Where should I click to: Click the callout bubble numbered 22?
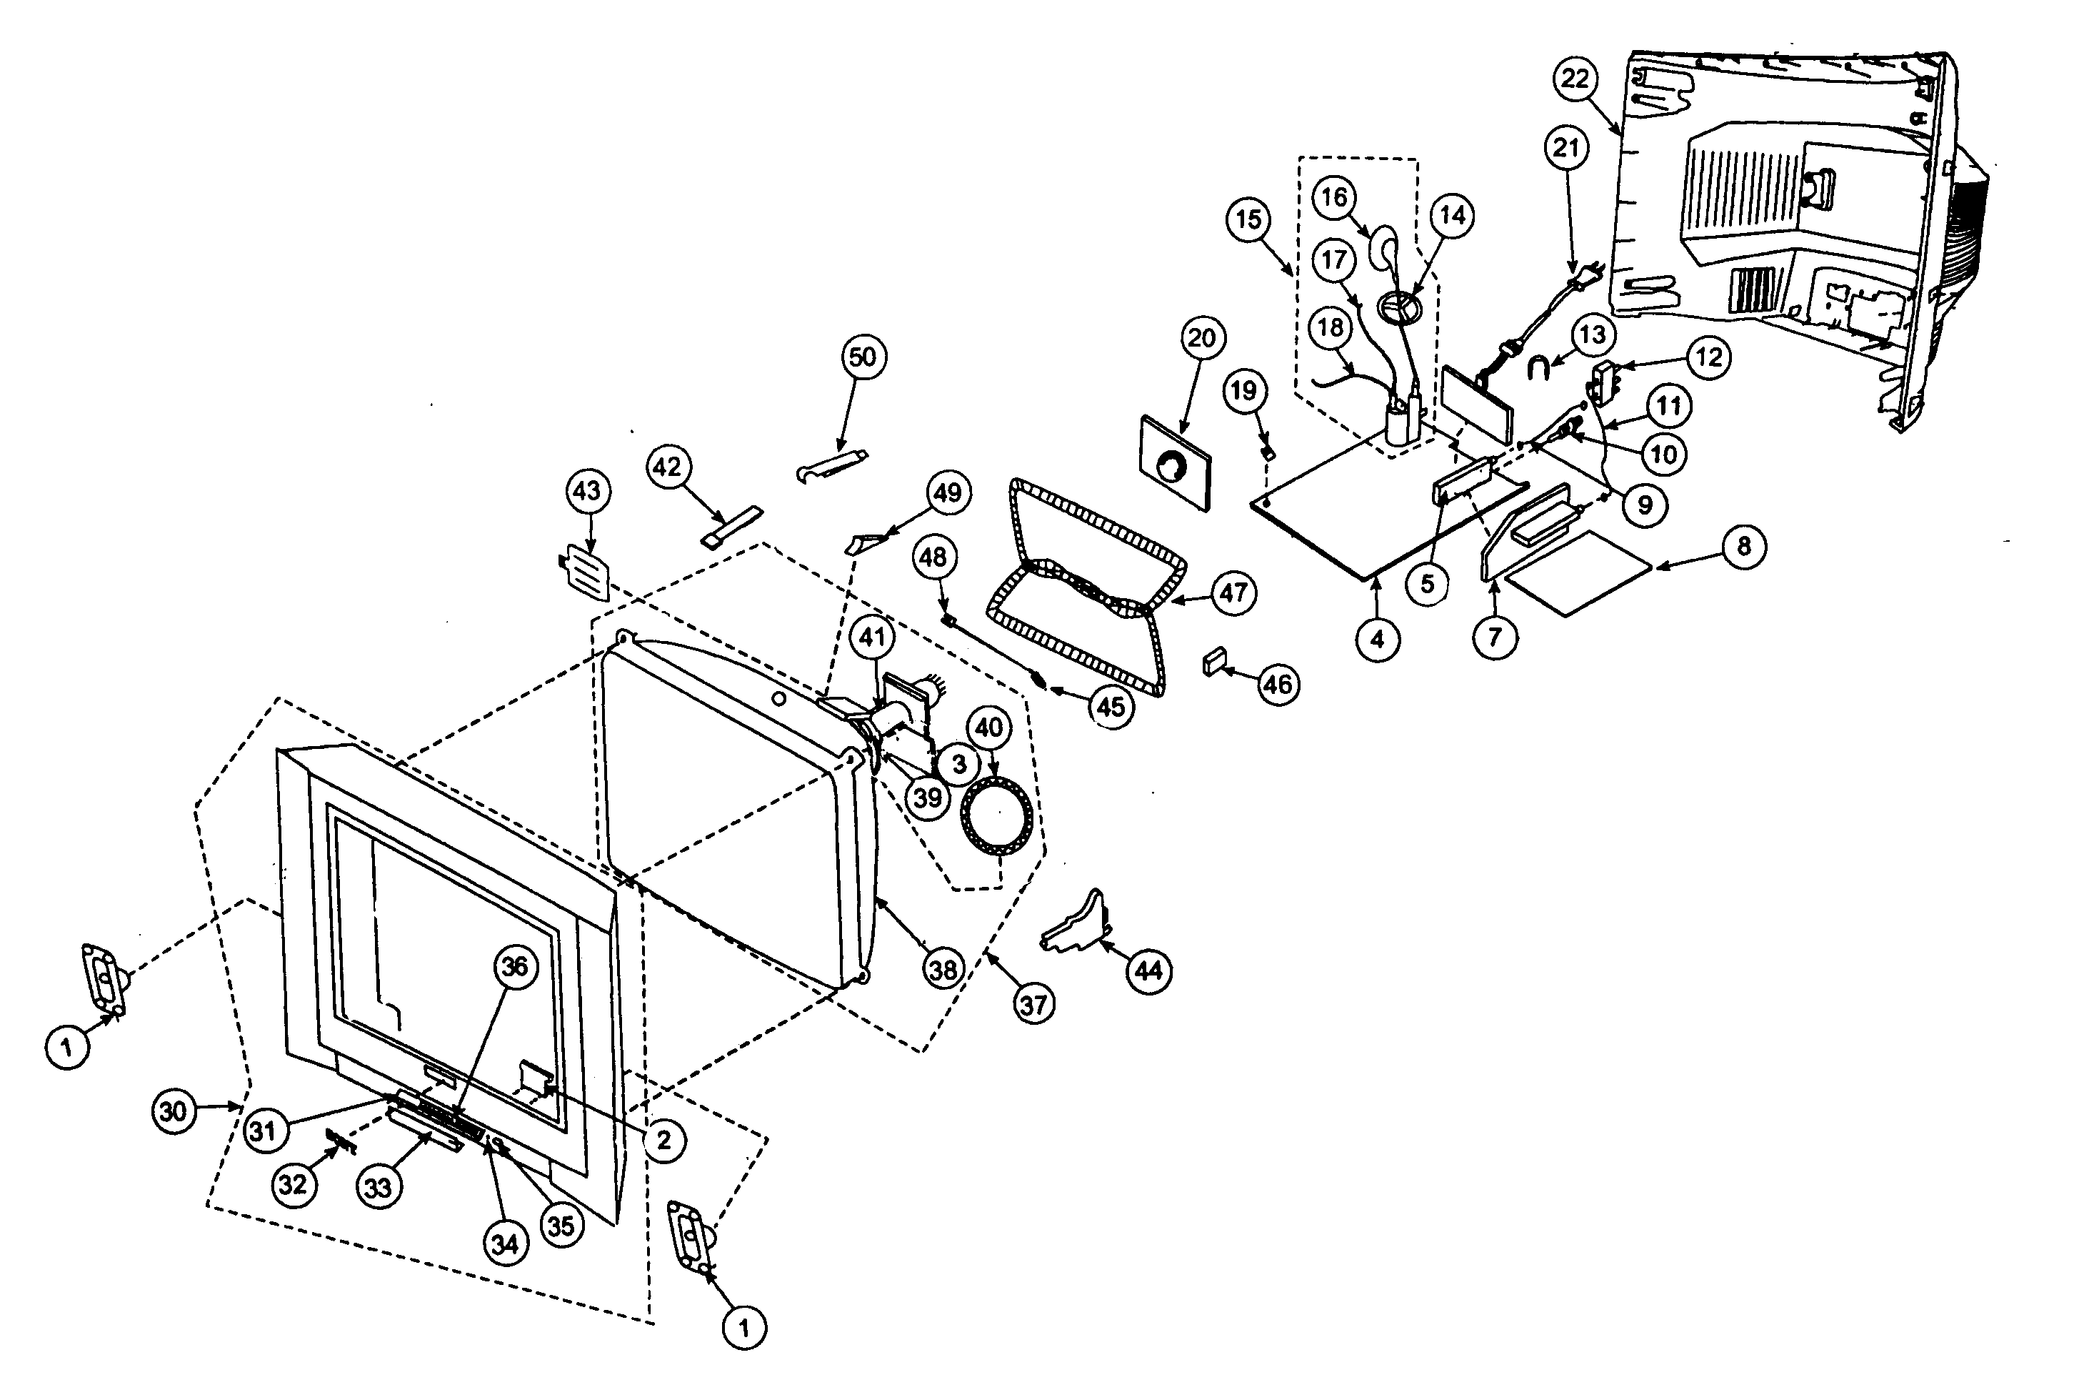1574,79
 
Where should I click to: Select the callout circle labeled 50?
863,357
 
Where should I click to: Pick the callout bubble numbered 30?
173,1112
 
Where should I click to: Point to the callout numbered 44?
1148,971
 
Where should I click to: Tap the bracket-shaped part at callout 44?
1076,928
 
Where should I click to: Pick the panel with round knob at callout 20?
1175,463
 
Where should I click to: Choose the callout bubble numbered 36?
515,966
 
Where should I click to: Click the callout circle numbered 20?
1202,338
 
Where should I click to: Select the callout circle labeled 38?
943,971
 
